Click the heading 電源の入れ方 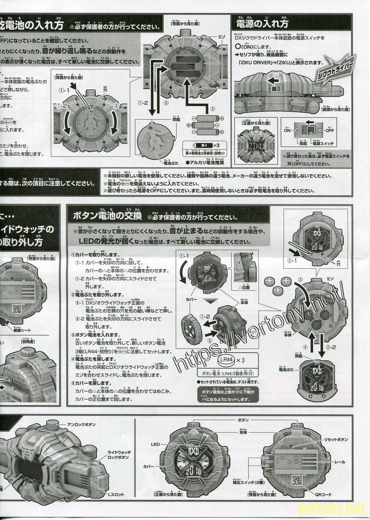[262, 23]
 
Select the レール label [340, 462]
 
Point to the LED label [155, 444]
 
